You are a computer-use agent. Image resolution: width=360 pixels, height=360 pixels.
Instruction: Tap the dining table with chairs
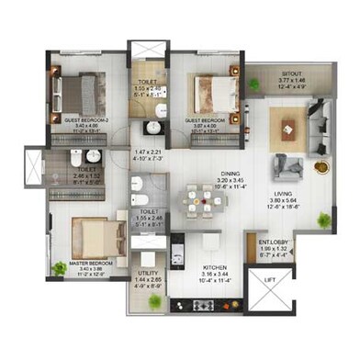coord(202,199)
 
